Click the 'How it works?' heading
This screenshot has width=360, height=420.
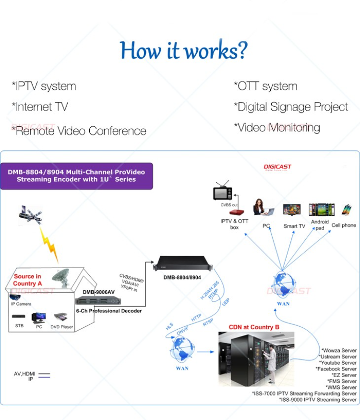(x=184, y=50)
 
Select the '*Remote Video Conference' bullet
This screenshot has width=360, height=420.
(x=79, y=131)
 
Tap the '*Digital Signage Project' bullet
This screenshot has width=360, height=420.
(x=291, y=107)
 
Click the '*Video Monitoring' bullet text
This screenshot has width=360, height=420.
(x=277, y=127)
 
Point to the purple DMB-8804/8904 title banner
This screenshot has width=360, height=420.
(x=76, y=175)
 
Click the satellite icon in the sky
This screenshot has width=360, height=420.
(x=30, y=214)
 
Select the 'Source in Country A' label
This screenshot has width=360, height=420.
(x=27, y=280)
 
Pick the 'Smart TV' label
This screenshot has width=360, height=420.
(x=294, y=226)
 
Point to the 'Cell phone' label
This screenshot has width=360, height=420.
(x=344, y=225)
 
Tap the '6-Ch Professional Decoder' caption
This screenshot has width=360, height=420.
(x=109, y=311)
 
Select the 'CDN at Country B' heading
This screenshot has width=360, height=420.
(x=254, y=327)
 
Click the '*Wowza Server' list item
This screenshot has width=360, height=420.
(x=339, y=350)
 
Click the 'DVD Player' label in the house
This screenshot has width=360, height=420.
(x=62, y=327)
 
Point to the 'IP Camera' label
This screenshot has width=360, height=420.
(x=21, y=304)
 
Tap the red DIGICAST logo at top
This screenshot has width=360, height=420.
(x=277, y=168)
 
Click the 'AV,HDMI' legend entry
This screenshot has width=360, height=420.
(x=24, y=373)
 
